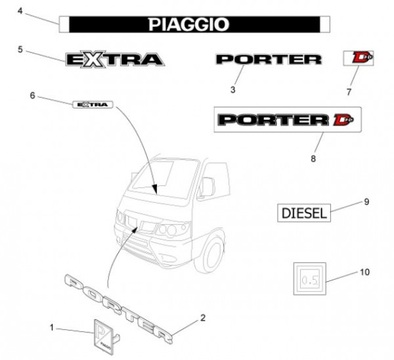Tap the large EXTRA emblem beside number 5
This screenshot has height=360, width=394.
(x=115, y=60)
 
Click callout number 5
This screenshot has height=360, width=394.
(x=20, y=49)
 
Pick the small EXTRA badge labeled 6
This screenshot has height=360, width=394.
(x=92, y=104)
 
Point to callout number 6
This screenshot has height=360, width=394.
(x=32, y=96)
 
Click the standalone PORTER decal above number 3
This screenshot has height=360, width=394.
(x=269, y=60)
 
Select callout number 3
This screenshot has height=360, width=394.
(x=232, y=88)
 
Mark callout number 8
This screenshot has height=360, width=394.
(x=313, y=158)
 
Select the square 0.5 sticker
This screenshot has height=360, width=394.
(x=308, y=280)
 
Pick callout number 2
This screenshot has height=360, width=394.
(x=203, y=318)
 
